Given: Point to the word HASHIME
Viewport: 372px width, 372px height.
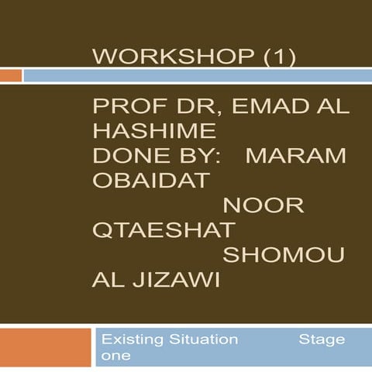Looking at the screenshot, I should pyautogui.click(x=153, y=133).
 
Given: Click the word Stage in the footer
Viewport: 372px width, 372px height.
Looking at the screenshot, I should pyautogui.click(x=322, y=339).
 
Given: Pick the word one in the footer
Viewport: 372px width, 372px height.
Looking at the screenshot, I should pyautogui.click(x=116, y=355).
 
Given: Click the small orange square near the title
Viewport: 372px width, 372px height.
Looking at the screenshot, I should pyautogui.click(x=10, y=75).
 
